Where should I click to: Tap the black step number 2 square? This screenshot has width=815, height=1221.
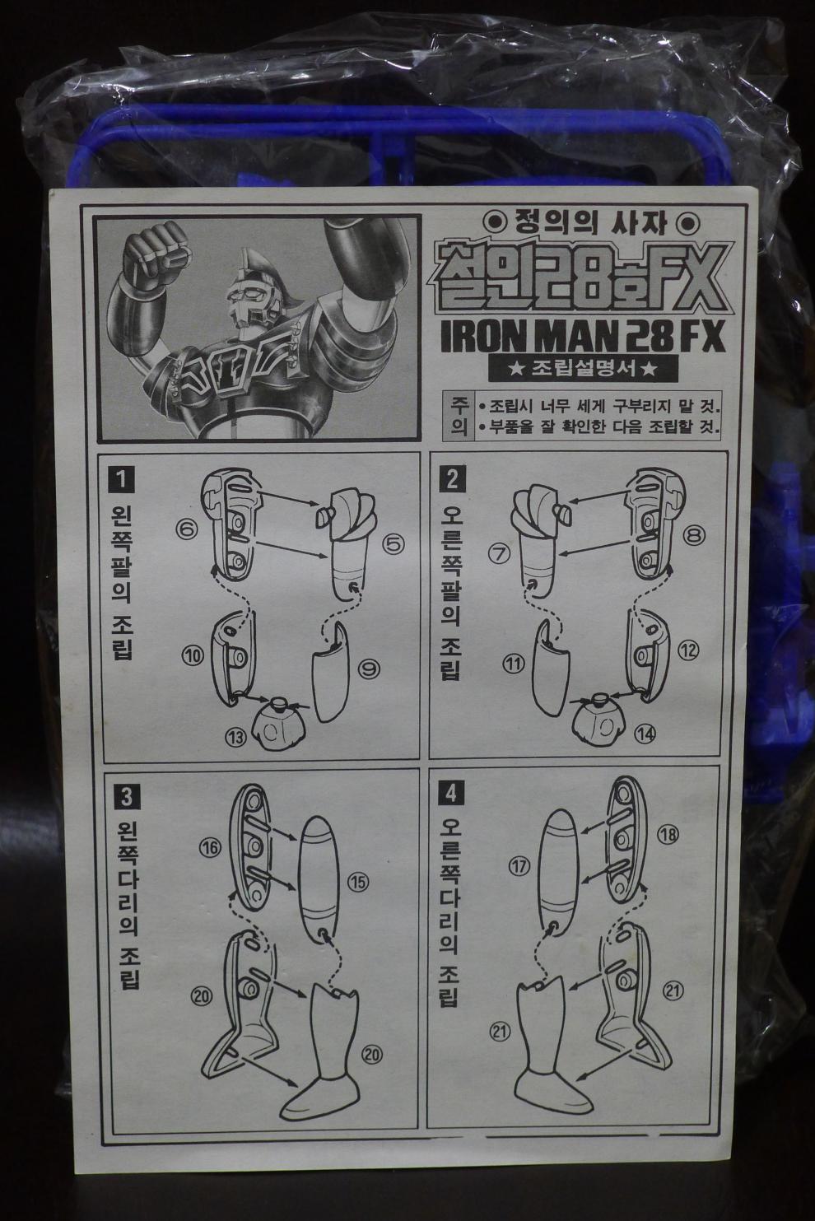point(452,480)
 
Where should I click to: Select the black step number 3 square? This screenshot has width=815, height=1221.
point(126,797)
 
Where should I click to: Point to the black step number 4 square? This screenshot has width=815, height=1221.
point(451,794)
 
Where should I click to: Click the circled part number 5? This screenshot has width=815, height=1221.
point(393,543)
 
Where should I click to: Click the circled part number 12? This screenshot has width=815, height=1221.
point(689,650)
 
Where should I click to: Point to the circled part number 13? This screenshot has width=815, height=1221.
point(236,738)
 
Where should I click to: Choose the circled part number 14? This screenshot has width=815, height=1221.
point(645,734)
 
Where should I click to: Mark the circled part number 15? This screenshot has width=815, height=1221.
point(358,882)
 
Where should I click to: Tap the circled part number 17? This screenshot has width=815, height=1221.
point(519,865)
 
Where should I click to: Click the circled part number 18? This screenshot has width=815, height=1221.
point(668,835)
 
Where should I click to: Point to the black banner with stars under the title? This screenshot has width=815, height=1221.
point(583,369)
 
